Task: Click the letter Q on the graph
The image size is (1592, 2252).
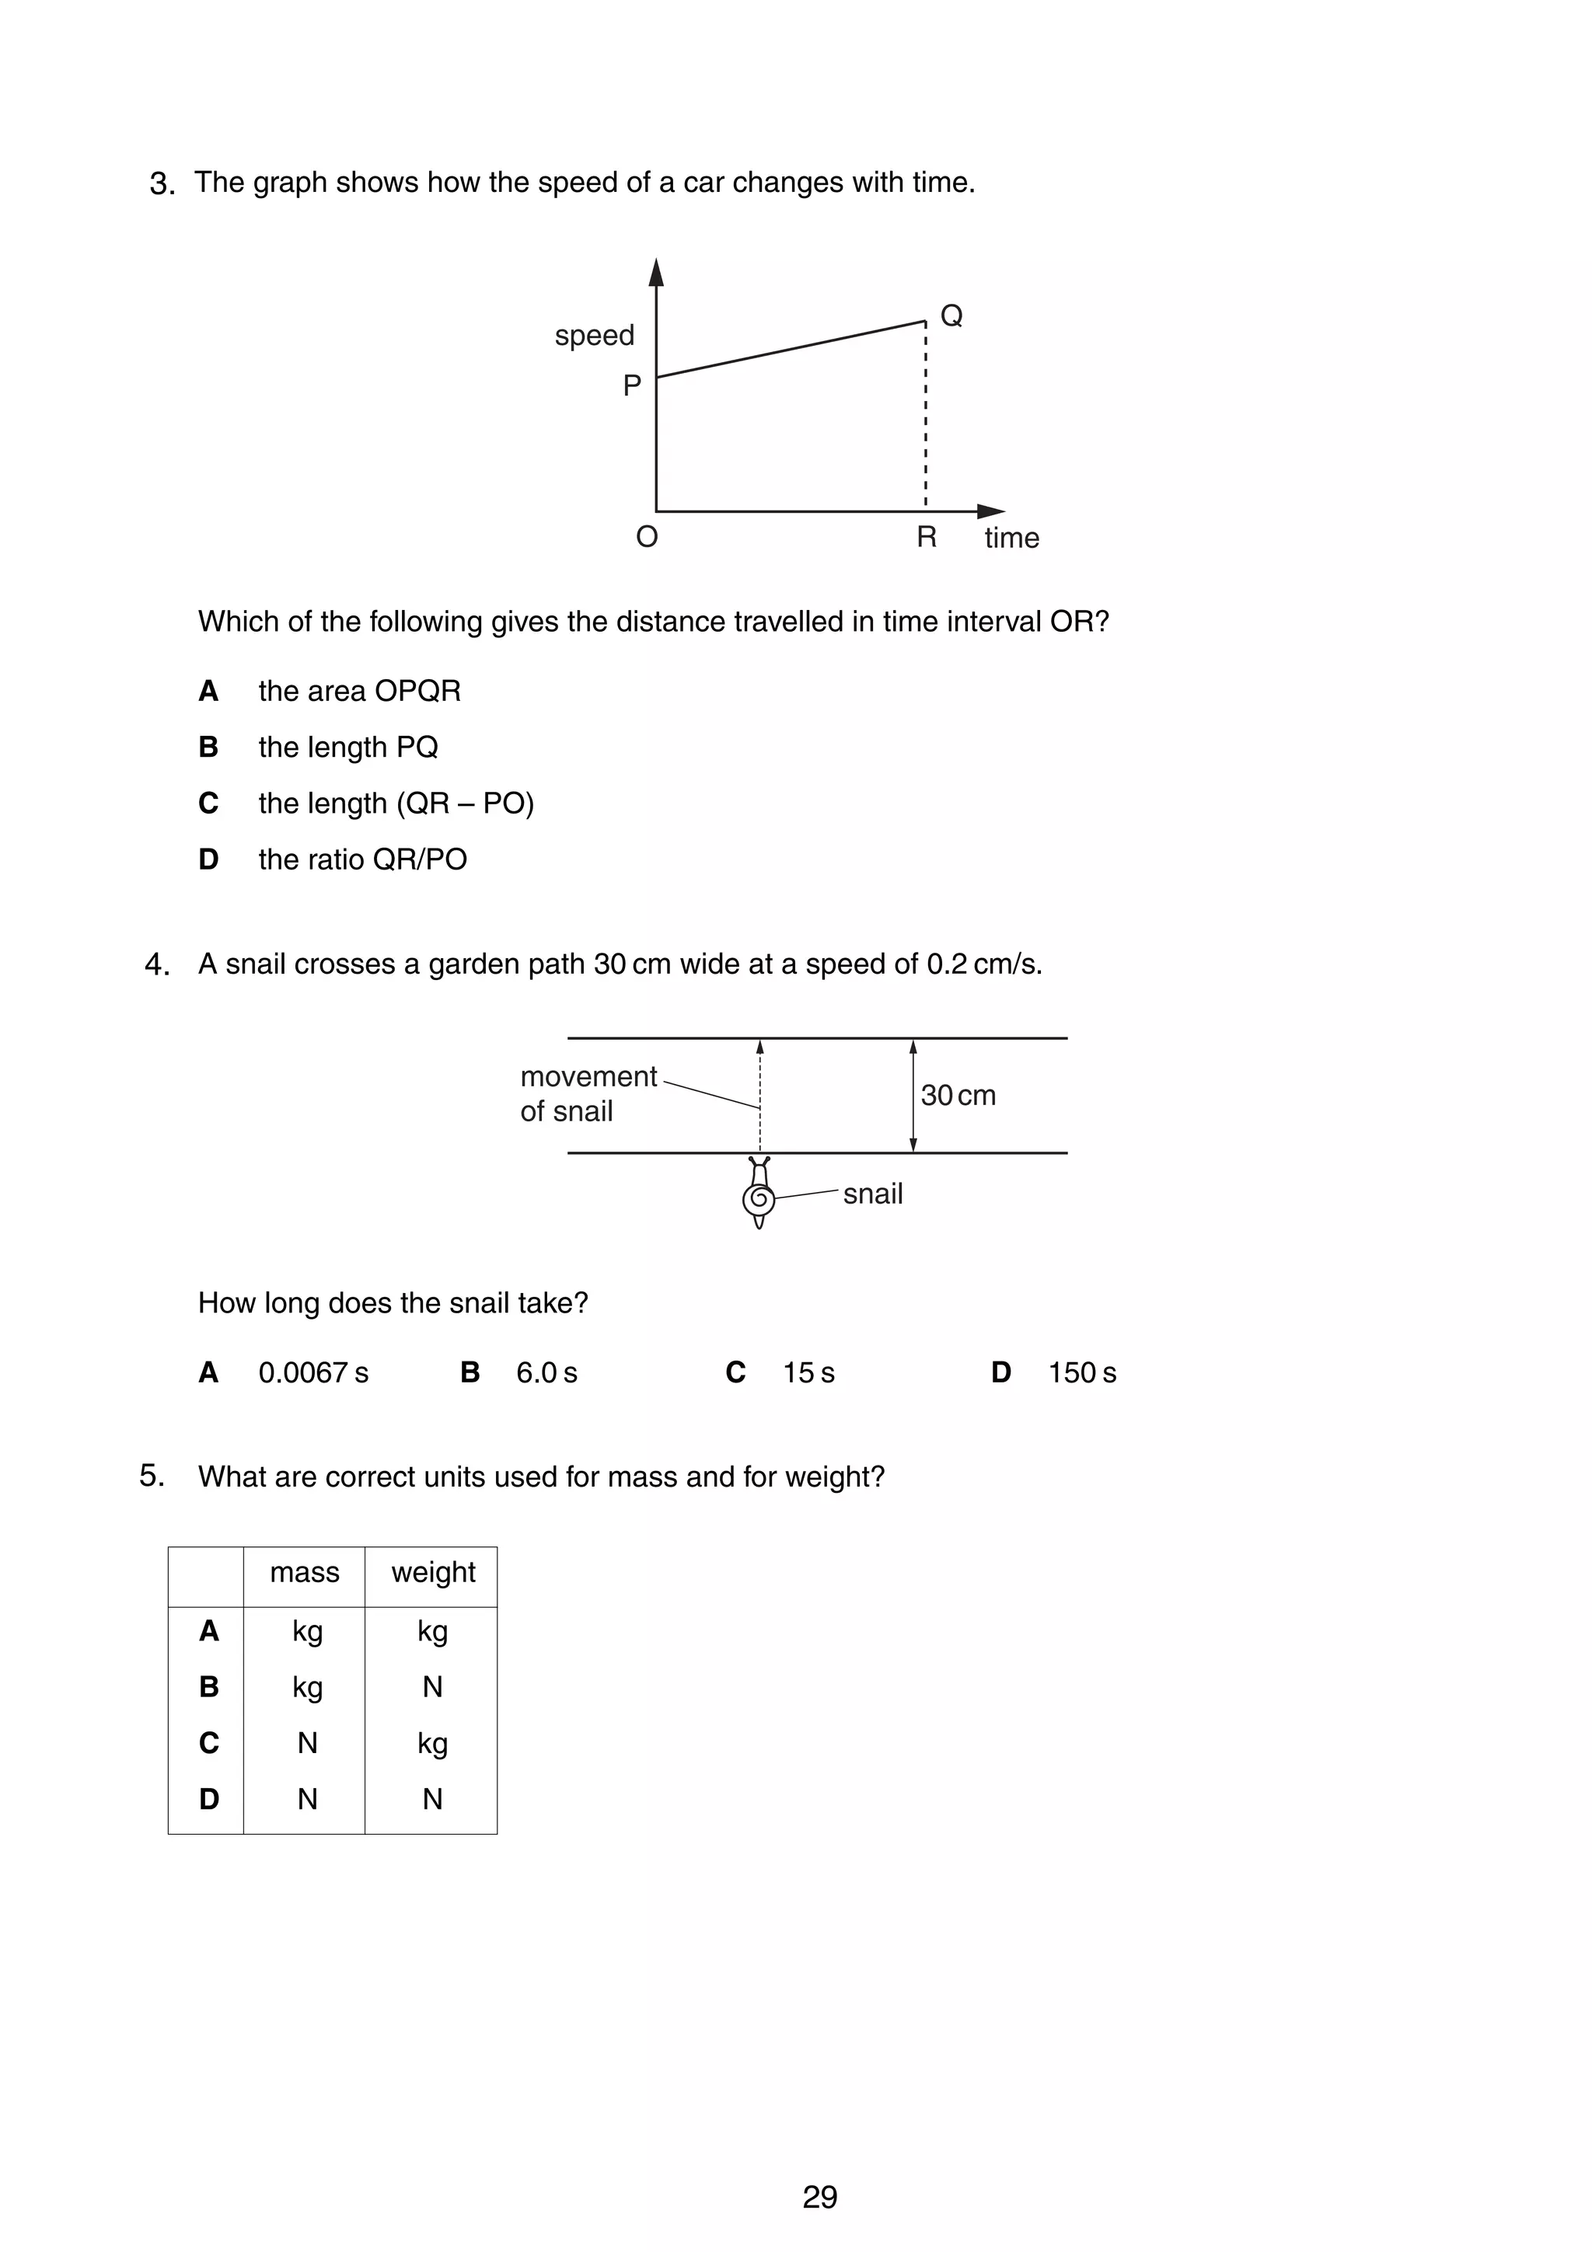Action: [951, 315]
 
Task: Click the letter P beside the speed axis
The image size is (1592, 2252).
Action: [632, 385]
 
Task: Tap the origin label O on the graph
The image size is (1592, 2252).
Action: [647, 536]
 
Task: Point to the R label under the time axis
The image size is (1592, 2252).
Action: [926, 536]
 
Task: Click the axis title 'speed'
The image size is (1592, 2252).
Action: [595, 336]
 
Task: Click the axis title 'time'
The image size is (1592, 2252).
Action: [1011, 538]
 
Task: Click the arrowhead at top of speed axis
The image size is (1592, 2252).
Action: [656, 272]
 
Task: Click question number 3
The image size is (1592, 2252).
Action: [162, 184]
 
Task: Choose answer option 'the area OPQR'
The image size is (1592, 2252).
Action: [359, 691]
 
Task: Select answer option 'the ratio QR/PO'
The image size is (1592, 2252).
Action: [362, 859]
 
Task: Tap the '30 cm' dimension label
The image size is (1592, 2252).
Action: [958, 1095]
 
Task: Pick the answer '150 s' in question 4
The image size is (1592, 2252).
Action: [1081, 1372]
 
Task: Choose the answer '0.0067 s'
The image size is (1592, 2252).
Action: [313, 1372]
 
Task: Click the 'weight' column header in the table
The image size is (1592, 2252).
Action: [432, 1571]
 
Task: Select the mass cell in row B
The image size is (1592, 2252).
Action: [307, 1686]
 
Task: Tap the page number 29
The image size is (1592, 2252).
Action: [819, 2196]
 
